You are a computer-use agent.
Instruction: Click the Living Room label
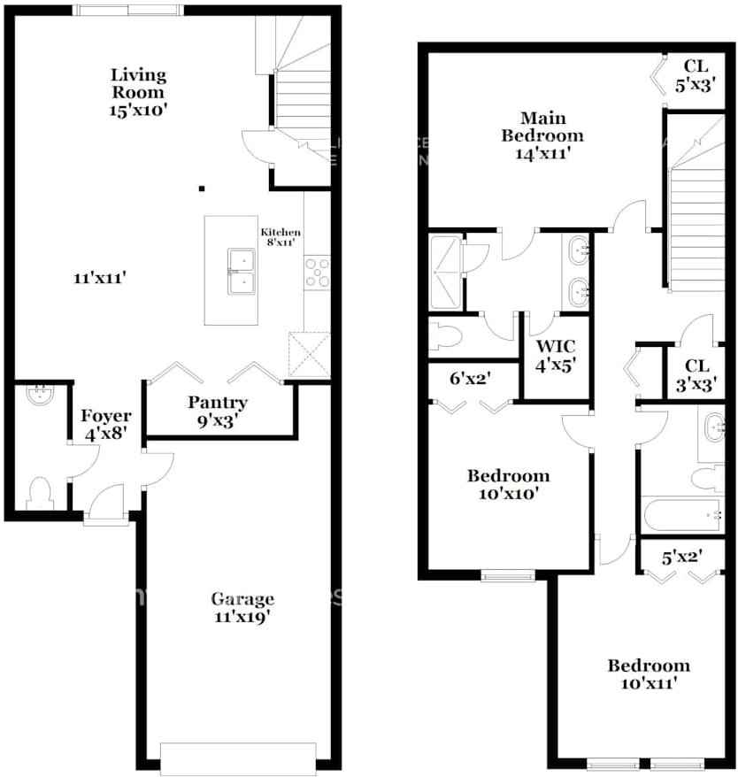point(138,83)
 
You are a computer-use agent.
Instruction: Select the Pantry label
point(218,403)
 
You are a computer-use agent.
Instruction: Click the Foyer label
point(106,416)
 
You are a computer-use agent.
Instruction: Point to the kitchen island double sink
point(241,271)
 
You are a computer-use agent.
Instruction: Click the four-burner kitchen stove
point(317,272)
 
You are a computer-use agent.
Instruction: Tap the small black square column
point(202,188)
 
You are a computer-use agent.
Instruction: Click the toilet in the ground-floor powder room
point(41,493)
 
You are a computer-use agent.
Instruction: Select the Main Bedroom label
point(542,135)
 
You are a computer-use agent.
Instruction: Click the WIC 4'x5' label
point(556,353)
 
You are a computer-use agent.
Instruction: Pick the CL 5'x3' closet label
point(696,74)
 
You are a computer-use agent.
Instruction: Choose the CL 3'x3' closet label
point(696,374)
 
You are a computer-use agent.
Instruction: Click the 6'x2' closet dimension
point(471,379)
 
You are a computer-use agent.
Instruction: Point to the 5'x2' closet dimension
point(681,558)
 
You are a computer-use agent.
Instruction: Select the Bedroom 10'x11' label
point(648,674)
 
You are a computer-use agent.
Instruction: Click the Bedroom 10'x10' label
point(508,484)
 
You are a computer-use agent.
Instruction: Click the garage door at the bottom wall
point(238,758)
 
